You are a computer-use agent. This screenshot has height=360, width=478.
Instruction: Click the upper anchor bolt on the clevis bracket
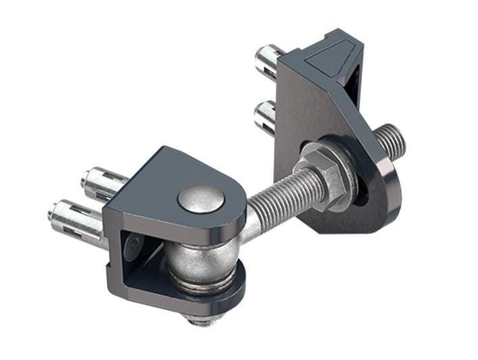101,181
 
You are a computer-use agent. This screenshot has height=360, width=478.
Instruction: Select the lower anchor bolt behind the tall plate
265,116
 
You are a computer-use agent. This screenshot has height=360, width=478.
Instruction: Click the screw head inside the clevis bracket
133,247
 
